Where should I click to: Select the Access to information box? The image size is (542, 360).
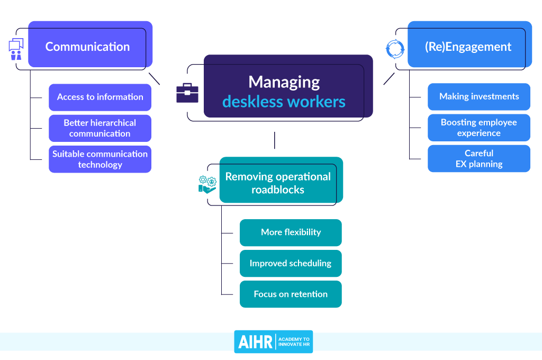tap(100, 97)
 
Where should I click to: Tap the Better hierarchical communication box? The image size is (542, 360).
tap(100, 128)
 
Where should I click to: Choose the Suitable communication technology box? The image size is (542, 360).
tap(100, 159)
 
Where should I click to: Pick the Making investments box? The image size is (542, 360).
tap(478, 96)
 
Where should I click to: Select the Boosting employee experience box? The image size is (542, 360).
tap(478, 128)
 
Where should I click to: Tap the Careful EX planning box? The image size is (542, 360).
tap(478, 158)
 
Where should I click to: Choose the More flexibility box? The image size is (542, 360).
tap(291, 232)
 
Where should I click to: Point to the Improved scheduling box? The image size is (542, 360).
tap(291, 263)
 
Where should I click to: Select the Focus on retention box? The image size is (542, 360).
tap(291, 294)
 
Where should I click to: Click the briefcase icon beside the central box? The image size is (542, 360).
tap(187, 93)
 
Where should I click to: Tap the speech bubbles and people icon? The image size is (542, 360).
tap(16, 49)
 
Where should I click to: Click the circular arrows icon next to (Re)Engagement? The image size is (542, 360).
tap(394, 49)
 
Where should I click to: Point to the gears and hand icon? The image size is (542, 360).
tap(207, 184)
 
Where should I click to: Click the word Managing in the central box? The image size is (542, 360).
tap(284, 82)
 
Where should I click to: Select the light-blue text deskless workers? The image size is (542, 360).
tap(284, 101)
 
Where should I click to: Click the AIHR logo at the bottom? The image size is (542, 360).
tap(273, 341)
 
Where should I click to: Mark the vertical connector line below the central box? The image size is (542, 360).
tap(274, 140)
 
